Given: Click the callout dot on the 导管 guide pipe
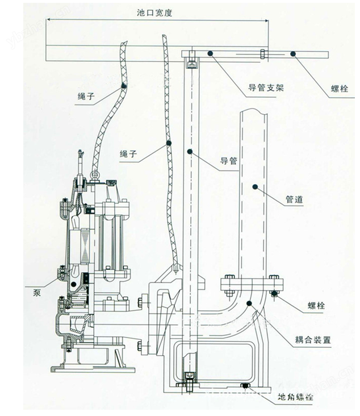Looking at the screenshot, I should [x=190, y=151].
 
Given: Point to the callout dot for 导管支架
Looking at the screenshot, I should [x=211, y=53].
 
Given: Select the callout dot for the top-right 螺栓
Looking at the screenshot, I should [x=292, y=54].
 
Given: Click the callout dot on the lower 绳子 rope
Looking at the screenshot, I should [x=169, y=144].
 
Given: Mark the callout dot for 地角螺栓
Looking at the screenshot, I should [x=245, y=386].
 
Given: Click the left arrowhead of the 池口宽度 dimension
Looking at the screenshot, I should [x=49, y=20].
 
